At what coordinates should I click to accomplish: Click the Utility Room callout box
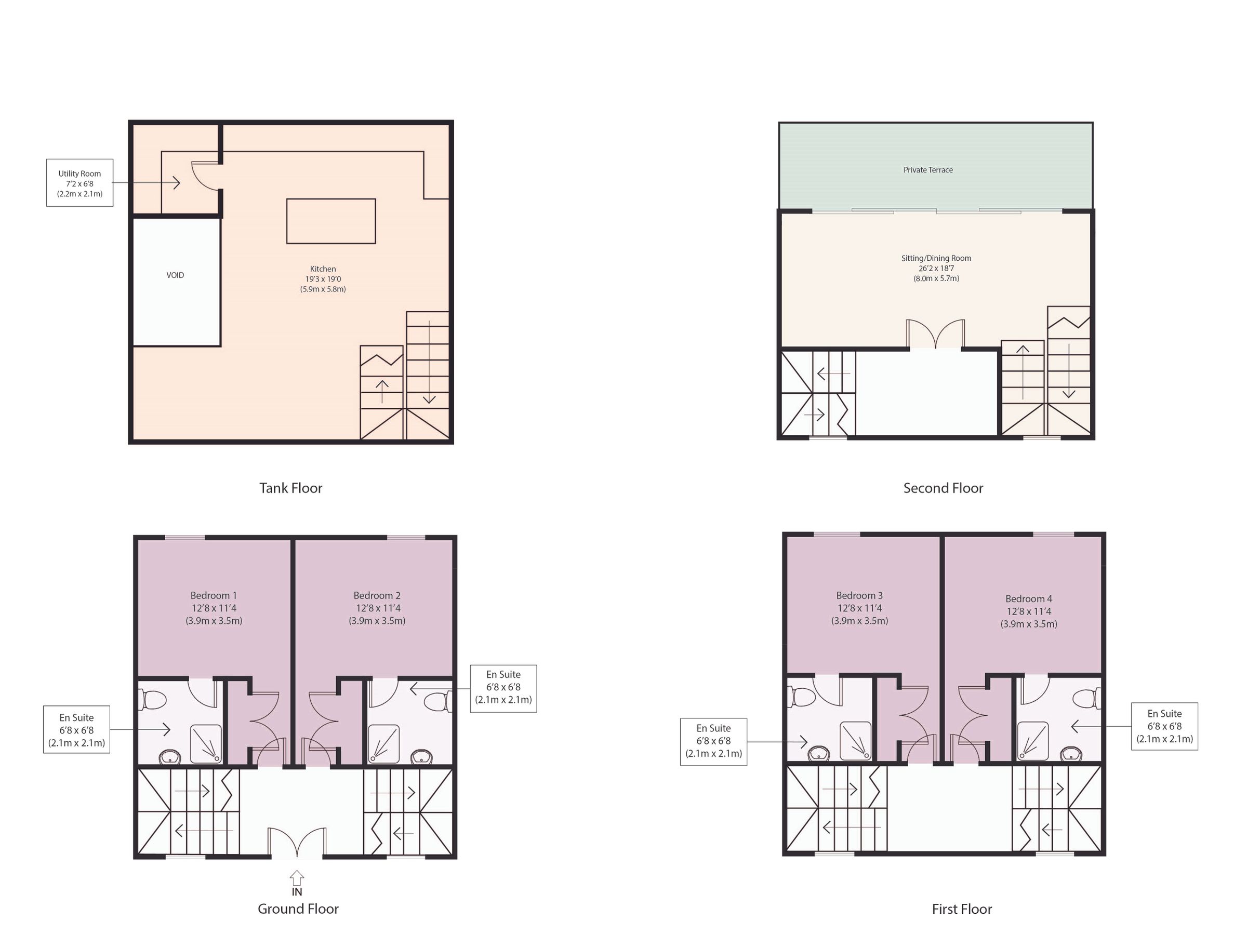pos(79,183)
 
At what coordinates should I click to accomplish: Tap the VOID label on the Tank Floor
pos(175,275)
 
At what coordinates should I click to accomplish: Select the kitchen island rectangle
pos(331,221)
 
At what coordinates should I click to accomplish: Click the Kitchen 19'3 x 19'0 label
pos(323,279)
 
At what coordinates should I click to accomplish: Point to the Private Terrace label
pos(928,170)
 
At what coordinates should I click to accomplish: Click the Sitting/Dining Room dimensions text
pos(936,269)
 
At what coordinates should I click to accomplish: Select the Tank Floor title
pos(290,488)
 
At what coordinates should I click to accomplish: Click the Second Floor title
pos(943,488)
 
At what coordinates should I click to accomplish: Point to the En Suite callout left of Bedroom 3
pos(713,741)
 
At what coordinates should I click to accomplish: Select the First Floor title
pos(962,909)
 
